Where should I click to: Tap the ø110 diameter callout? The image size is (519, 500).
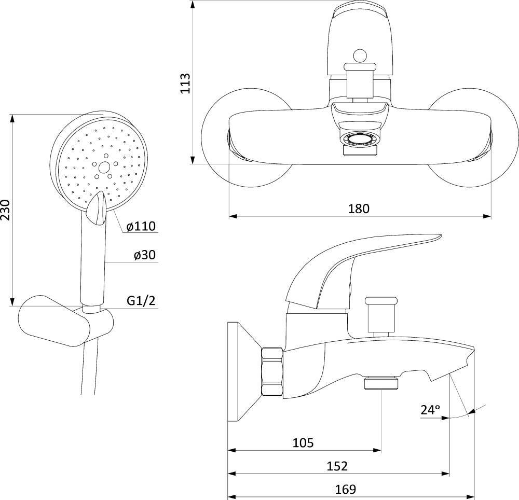[x=141, y=226]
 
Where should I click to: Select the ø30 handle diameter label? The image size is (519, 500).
[x=145, y=255]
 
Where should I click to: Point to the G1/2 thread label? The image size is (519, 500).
[x=141, y=301]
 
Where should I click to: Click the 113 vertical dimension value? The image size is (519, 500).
[x=185, y=84]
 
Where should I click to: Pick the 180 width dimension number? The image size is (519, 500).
[x=359, y=209]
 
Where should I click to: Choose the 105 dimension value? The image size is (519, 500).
[x=303, y=442]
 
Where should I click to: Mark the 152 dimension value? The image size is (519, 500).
[x=337, y=466]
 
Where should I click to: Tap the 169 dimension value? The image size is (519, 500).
[x=345, y=489]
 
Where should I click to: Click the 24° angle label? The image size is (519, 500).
[x=430, y=410]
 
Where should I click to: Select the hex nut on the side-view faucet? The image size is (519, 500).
[x=272, y=371]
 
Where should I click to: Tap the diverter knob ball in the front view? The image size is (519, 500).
[x=360, y=55]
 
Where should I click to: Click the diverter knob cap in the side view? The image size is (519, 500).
[x=380, y=301]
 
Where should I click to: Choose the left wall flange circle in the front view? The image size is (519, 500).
[x=247, y=138]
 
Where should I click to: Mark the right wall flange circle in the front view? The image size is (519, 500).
[x=473, y=138]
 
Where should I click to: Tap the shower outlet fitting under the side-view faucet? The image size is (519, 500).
[x=381, y=383]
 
